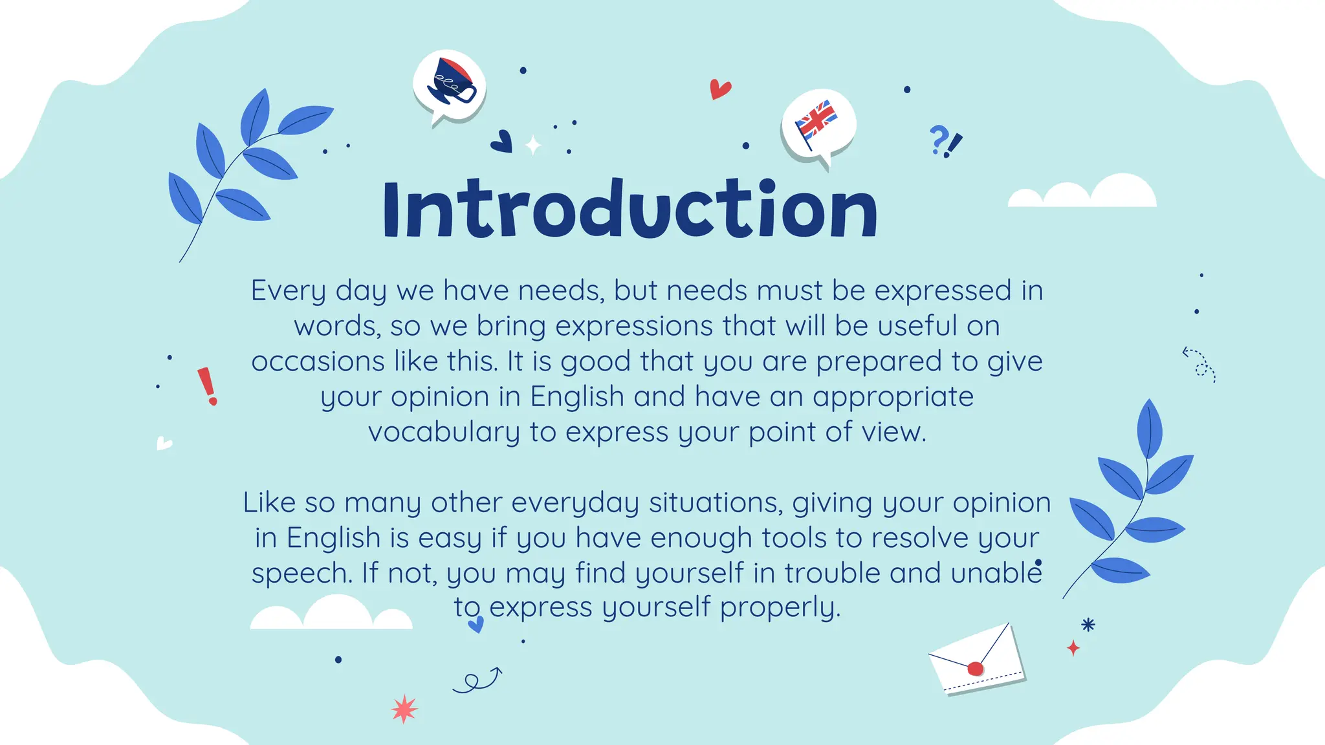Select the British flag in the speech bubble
(816, 122)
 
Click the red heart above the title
(719, 89)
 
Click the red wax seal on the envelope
(975, 669)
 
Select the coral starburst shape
(404, 709)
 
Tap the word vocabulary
(444, 432)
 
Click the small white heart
(164, 444)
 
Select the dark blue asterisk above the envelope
(1088, 625)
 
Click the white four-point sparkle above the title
(533, 146)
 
